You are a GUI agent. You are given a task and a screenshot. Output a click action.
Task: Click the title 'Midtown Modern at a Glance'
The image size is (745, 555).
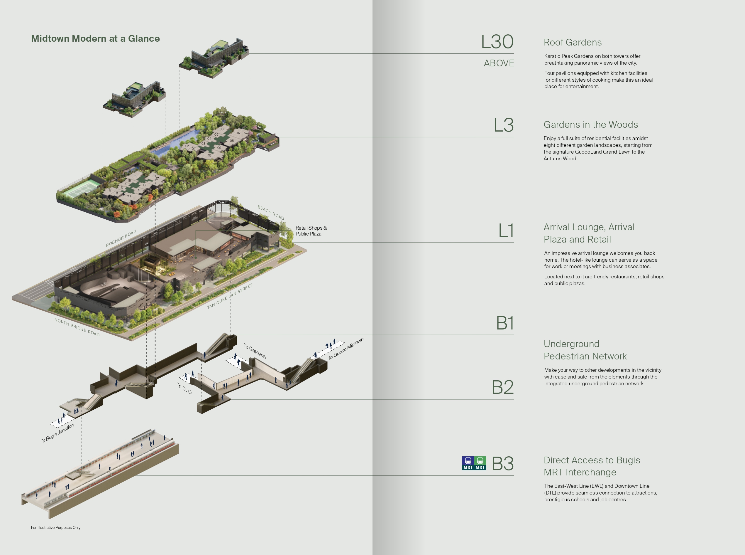(x=95, y=39)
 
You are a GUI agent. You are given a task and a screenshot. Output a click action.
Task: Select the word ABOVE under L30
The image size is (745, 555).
(x=499, y=63)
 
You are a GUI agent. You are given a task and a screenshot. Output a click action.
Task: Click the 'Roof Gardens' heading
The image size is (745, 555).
(x=573, y=42)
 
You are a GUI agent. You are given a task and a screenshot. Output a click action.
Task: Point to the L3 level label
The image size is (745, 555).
(x=503, y=125)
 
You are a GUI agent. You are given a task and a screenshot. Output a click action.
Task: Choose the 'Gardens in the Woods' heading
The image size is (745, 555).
(x=591, y=125)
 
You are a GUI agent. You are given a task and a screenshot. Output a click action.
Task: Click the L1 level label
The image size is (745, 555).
(x=506, y=231)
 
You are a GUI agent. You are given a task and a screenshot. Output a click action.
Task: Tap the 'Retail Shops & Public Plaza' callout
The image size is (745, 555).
(x=311, y=231)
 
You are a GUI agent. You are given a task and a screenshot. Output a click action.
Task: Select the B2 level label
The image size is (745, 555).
(x=503, y=387)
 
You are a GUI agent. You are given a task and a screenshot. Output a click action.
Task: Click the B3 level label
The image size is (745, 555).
(x=503, y=464)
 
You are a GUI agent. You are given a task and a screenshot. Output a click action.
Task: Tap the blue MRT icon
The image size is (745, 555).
(x=468, y=463)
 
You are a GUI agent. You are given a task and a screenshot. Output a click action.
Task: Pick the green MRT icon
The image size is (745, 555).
(x=480, y=463)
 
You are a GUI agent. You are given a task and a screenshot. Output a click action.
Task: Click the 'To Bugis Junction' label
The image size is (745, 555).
(x=57, y=433)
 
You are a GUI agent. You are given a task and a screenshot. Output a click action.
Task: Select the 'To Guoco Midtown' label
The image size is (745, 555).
(x=346, y=349)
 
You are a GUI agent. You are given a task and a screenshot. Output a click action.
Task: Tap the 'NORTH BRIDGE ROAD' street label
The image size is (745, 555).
(x=77, y=327)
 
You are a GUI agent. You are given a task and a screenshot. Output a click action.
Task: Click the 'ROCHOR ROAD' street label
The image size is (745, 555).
(x=121, y=238)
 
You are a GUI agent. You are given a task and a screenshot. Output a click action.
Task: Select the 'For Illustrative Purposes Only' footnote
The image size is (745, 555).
(x=56, y=527)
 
